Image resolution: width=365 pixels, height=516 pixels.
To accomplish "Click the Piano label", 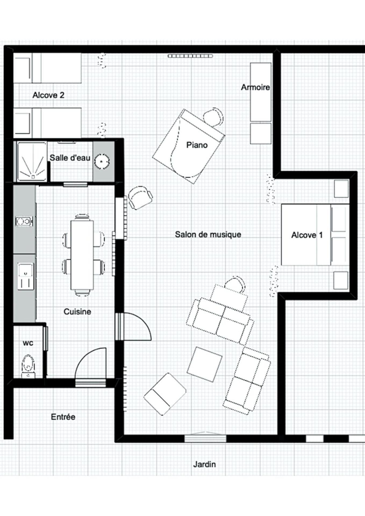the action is click(x=197, y=145).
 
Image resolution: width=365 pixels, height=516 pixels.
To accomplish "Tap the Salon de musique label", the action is click(x=208, y=234).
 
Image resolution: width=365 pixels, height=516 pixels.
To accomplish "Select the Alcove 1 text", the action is click(x=307, y=235).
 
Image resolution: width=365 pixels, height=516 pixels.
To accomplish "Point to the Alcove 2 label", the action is click(x=48, y=95).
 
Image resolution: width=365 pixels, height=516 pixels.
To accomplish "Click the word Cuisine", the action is click(x=77, y=312).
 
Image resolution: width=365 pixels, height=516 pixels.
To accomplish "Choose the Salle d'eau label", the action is click(x=70, y=158).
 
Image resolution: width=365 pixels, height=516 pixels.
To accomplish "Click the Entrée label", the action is click(x=63, y=417).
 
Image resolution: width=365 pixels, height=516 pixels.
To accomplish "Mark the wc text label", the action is click(x=28, y=343).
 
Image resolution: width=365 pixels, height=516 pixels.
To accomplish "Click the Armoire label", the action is click(x=255, y=87).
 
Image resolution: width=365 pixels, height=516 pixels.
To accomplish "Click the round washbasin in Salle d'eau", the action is click(x=102, y=161).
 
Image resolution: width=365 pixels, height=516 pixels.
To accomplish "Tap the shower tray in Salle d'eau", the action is click(x=32, y=161).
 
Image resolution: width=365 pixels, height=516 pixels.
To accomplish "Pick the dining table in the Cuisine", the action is click(x=82, y=255).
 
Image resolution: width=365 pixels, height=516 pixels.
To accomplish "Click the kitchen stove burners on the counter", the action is click(x=24, y=221).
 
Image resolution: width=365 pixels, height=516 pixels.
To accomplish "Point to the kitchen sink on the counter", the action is click(x=26, y=276).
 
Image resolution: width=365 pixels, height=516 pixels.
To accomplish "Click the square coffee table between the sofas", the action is click(x=205, y=364).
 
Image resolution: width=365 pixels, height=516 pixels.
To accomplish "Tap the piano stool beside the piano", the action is click(x=213, y=117).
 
